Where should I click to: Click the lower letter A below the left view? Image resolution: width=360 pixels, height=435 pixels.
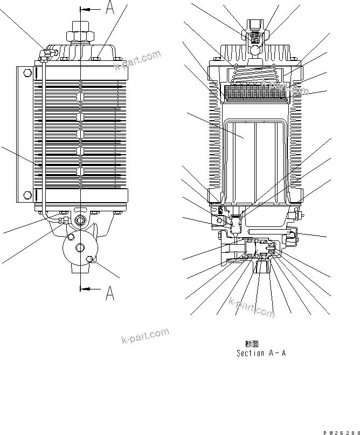(109, 293)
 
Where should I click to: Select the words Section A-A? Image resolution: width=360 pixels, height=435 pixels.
(261, 353)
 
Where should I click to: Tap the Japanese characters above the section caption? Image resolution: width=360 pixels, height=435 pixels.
(251, 343)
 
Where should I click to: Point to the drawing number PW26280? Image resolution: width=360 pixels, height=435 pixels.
(341, 432)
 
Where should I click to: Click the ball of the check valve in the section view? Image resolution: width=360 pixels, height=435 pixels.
(255, 51)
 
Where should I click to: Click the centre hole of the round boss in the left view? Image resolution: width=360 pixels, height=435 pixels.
(80, 247)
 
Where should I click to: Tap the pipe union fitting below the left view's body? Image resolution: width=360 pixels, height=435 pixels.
(64, 219)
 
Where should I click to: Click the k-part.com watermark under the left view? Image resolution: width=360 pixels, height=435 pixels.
(144, 338)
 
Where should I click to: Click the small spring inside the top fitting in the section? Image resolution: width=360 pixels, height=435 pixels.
(255, 37)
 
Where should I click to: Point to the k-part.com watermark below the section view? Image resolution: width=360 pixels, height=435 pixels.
(251, 307)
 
